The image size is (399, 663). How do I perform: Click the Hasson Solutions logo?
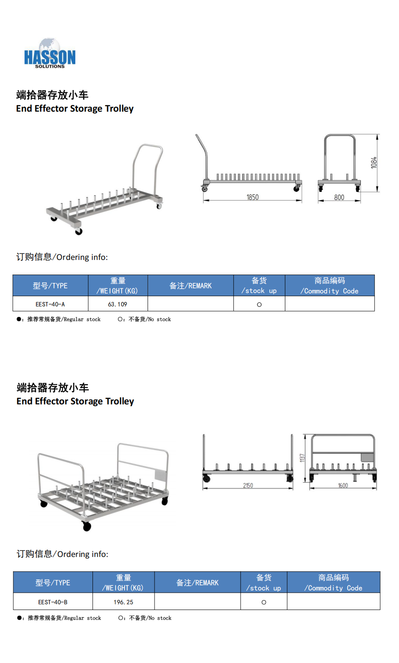click(49, 53)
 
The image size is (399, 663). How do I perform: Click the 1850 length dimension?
click(252, 197)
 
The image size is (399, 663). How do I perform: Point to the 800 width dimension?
click(339, 197)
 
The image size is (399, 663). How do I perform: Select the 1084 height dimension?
click(374, 163)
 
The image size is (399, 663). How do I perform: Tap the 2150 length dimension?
click(248, 485)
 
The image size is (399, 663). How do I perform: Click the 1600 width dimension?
click(343, 485)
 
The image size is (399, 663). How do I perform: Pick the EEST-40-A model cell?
click(50, 304)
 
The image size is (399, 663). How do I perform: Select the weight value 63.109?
click(118, 304)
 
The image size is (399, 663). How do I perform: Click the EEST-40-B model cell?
click(53, 602)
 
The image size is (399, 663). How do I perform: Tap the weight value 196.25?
click(124, 602)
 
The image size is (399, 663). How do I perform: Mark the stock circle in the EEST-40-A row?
click(259, 305)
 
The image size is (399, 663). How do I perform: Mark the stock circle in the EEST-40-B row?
click(264, 602)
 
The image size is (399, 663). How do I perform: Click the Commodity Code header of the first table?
click(330, 286)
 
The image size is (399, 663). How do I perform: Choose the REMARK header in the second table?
click(198, 583)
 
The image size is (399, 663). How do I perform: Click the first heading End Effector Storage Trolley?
click(75, 109)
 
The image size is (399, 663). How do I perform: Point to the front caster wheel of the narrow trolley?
click(79, 232)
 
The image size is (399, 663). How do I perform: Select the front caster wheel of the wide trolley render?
click(87, 526)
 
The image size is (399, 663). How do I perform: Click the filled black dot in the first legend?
click(19, 319)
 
